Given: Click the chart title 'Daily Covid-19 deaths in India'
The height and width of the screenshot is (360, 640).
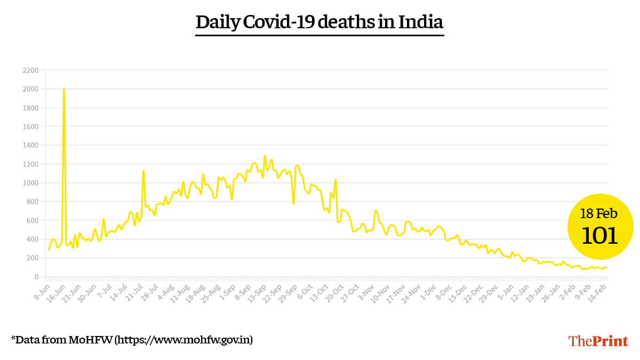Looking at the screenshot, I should point(319,22).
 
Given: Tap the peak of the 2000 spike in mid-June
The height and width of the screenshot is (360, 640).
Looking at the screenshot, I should point(64,89).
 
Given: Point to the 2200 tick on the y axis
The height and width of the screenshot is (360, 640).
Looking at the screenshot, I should point(31,70).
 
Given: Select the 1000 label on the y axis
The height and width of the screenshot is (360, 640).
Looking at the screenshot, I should point(31,183).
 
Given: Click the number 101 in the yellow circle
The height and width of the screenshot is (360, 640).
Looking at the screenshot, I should point(599,235).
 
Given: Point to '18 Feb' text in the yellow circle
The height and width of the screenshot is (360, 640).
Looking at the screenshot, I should point(599,214).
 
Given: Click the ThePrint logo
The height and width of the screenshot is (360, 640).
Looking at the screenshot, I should point(598,341).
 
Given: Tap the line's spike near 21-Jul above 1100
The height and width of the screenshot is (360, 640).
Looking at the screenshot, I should point(143,171).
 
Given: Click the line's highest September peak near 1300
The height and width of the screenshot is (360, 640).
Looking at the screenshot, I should point(265,156).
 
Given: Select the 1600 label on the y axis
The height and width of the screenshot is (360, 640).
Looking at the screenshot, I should point(31,127).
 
